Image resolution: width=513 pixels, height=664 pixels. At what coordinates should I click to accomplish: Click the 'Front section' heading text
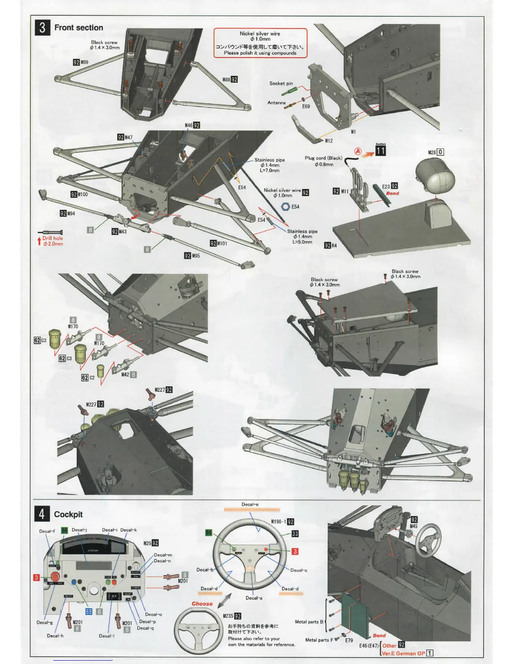pos(78,28)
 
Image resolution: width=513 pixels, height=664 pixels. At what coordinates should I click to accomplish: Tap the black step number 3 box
pos(42,28)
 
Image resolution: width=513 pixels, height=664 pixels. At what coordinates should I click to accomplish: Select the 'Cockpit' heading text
pos(68,514)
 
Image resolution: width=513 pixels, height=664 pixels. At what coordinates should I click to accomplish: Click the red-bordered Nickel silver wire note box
pos(260,43)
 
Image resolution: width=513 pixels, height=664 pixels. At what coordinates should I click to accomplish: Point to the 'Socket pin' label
pos(281,83)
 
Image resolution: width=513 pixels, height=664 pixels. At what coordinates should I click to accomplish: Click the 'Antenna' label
pos(277,103)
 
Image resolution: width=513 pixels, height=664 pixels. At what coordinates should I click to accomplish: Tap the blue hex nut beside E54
pos(285,207)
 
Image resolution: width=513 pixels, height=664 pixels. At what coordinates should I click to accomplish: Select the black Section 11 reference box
pos(381,150)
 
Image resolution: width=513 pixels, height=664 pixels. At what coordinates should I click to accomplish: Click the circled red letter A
pos(358,151)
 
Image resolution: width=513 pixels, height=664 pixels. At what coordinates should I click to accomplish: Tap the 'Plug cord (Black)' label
pos(324,158)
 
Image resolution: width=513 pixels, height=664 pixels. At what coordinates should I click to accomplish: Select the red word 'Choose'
pos(202,604)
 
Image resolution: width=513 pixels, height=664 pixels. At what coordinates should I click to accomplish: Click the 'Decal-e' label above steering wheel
pos(250,504)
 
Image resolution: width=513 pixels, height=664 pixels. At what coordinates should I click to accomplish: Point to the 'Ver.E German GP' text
pos(403,653)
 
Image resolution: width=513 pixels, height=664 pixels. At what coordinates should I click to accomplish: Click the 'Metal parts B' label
pos(309,622)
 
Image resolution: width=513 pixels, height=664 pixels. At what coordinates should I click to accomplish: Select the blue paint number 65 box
pos(89,612)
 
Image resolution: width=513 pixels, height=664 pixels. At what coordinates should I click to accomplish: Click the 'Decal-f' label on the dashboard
pos(47,531)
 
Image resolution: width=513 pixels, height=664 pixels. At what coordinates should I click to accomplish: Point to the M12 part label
pos(329,140)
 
